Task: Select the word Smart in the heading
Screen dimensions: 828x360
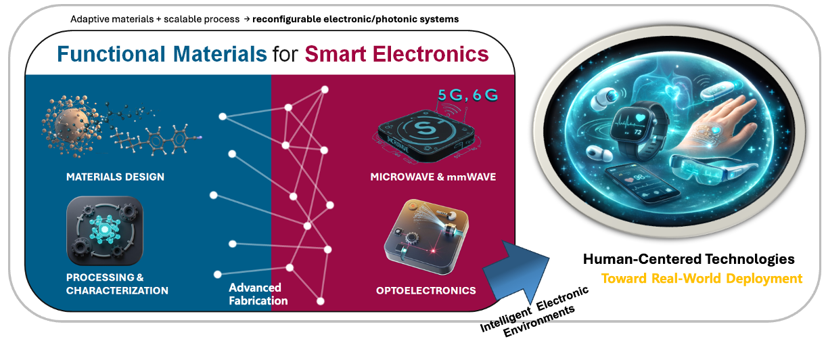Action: point(335,54)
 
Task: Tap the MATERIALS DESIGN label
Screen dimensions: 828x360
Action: point(115,177)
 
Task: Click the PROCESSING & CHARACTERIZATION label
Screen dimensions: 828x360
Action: point(117,284)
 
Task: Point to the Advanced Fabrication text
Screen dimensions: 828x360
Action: point(258,294)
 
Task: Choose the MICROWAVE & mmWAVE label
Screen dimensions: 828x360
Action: point(433,177)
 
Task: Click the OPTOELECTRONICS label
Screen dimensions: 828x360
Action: point(425,290)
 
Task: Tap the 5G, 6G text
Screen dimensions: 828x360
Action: point(467,95)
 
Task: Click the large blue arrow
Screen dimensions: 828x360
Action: point(517,271)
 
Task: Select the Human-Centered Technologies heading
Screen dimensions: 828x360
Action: point(689,259)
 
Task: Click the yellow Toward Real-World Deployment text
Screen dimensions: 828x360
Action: point(701,278)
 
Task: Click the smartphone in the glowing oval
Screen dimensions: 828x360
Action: point(643,183)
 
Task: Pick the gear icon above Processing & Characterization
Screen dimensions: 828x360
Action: point(105,231)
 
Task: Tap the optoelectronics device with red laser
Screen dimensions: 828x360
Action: point(426,237)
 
